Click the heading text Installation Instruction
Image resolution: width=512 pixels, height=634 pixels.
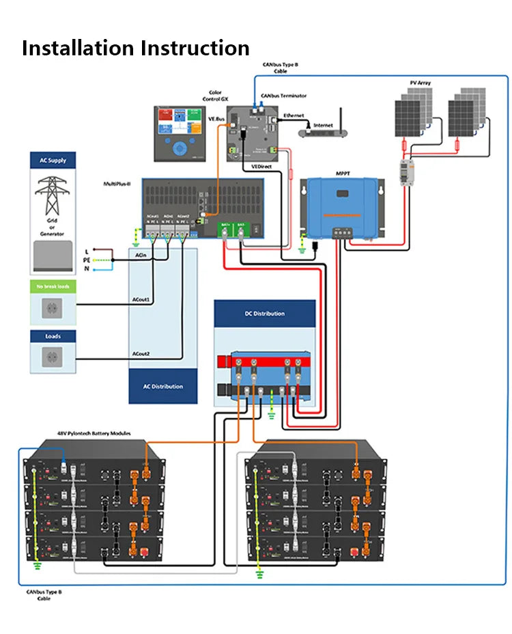135,49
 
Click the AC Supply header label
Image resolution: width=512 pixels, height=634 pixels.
53,161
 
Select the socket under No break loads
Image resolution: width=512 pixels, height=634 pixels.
52,308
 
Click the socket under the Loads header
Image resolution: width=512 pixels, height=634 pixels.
52,357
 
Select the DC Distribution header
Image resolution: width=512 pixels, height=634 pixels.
265,314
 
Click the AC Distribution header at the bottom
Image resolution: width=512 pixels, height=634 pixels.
162,387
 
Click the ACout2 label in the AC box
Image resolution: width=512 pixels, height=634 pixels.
141,354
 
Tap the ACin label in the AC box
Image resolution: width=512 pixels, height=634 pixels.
140,255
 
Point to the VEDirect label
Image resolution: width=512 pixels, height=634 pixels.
261,166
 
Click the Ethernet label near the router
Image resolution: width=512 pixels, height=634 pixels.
294,116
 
